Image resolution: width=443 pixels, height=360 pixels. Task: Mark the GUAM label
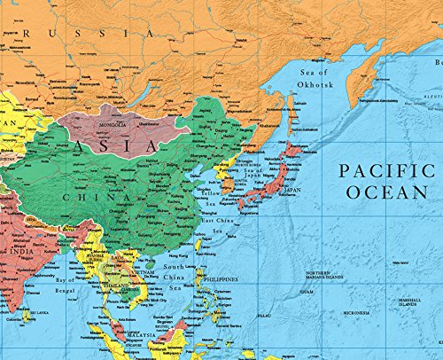pyautogui.click(x=307, y=291)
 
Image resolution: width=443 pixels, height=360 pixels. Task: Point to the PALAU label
pyautogui.click(x=264, y=315)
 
